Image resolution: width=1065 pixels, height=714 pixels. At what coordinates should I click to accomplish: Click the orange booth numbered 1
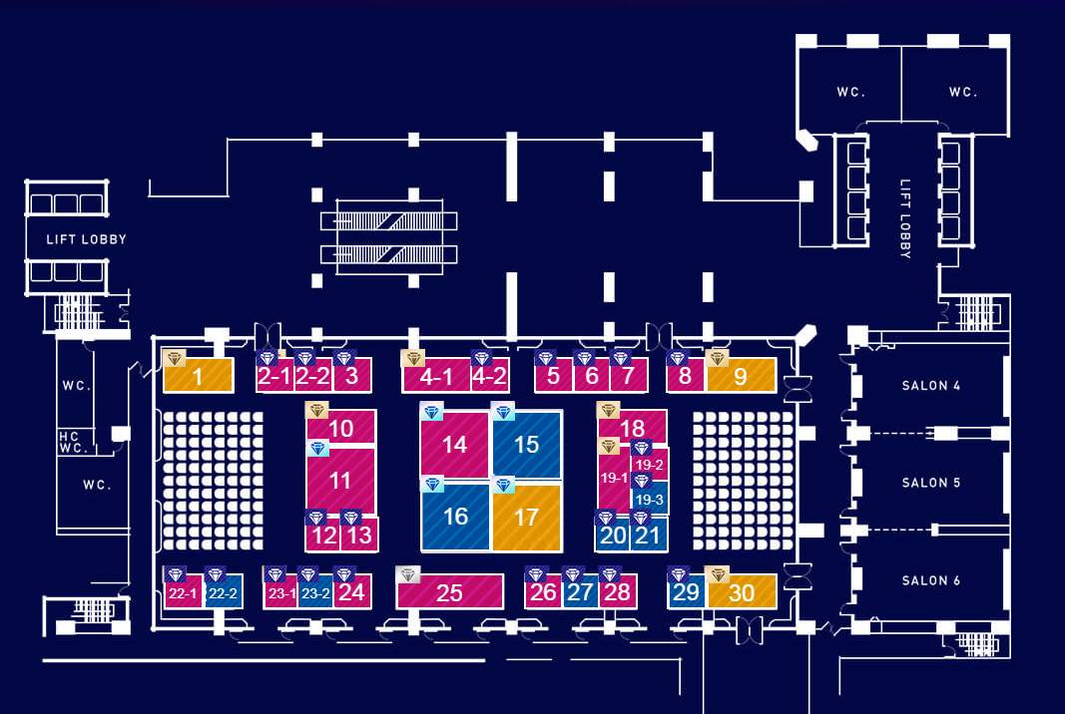[199, 375]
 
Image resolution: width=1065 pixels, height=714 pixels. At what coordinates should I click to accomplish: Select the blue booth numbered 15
[527, 444]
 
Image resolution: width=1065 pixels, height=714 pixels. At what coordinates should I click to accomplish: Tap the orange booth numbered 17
[527, 517]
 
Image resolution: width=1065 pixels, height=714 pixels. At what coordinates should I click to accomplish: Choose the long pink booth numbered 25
[449, 591]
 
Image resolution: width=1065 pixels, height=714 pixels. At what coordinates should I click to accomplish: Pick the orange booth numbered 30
[743, 591]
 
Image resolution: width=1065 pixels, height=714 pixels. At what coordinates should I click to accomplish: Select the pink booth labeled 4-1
[437, 375]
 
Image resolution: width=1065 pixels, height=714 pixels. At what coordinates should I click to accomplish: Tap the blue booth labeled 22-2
[224, 591]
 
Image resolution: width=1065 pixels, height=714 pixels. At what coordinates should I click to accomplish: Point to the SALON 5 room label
[930, 483]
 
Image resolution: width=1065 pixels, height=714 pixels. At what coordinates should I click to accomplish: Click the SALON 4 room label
[930, 386]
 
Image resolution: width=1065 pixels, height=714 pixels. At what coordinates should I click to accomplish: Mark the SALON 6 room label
[930, 580]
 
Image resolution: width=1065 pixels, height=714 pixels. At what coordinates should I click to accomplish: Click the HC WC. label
[73, 442]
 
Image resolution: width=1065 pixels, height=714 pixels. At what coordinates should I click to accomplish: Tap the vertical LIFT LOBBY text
[904, 218]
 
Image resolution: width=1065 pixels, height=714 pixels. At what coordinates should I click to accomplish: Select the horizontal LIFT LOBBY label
[86, 239]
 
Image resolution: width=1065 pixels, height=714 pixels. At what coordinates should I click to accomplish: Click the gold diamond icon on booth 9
[718, 358]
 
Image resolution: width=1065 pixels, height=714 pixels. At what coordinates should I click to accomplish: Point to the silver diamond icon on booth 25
[407, 574]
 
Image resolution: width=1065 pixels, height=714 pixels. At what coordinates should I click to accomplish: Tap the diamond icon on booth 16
[432, 484]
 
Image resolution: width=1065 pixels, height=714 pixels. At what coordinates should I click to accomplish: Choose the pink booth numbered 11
[340, 481]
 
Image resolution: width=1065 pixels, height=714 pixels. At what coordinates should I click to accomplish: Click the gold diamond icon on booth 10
[316, 410]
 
